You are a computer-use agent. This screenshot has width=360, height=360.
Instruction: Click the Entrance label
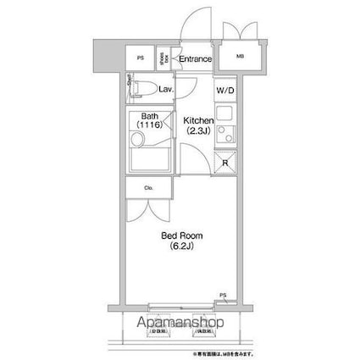(194, 58)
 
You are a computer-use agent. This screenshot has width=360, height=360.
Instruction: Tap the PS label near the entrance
(140, 58)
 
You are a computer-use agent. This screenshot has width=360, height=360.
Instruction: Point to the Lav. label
(166, 88)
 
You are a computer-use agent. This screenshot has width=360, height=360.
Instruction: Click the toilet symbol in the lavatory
(145, 88)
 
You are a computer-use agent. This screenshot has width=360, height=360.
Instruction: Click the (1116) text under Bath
(151, 125)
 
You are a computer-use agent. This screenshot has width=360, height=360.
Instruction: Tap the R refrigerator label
(225, 162)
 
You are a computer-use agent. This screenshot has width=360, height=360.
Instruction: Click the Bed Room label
(180, 235)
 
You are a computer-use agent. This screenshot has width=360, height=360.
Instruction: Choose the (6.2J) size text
(180, 246)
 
